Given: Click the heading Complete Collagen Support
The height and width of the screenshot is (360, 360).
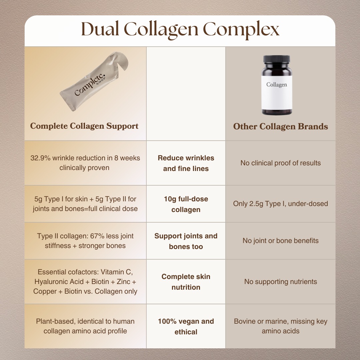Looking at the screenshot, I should pyautogui.click(x=84, y=126).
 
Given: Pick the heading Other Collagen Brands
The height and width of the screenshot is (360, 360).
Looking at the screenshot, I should pyautogui.click(x=280, y=127).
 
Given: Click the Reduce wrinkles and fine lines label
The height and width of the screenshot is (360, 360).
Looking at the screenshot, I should pyautogui.click(x=186, y=163).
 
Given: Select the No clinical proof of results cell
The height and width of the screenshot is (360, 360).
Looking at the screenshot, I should pyautogui.click(x=280, y=163).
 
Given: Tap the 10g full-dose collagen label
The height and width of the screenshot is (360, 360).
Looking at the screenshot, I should pyautogui.click(x=186, y=204).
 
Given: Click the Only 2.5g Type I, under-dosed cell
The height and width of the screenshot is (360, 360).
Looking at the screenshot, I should pyautogui.click(x=280, y=204).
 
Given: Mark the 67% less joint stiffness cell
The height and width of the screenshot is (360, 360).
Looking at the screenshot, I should pyautogui.click(x=85, y=241).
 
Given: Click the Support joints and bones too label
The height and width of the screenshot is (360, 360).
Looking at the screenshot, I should pyautogui.click(x=186, y=241).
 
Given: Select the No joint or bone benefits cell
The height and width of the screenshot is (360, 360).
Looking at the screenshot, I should pyautogui.click(x=280, y=241).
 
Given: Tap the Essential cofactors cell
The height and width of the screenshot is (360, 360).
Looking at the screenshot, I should pyautogui.click(x=85, y=282).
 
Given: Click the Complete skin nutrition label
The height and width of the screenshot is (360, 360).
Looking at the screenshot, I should pyautogui.click(x=186, y=282).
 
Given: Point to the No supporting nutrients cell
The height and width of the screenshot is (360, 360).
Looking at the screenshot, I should pyautogui.click(x=280, y=282).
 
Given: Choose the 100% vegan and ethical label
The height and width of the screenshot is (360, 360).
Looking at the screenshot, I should pyautogui.click(x=186, y=327).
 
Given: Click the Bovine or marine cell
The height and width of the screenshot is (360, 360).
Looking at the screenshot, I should pyautogui.click(x=280, y=326).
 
